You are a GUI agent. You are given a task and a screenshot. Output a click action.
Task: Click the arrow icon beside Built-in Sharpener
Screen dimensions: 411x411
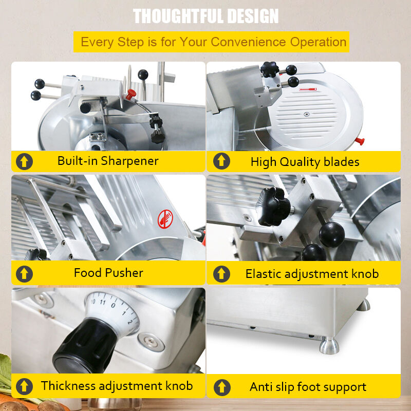pyautogui.click(x=24, y=161)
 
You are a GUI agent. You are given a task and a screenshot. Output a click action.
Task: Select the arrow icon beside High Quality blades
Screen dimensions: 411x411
pyautogui.click(x=221, y=161)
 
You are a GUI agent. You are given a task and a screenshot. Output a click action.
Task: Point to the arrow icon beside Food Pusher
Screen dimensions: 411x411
pyautogui.click(x=24, y=273)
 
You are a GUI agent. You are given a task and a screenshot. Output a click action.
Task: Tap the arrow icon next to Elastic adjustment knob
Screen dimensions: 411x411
pyautogui.click(x=221, y=273)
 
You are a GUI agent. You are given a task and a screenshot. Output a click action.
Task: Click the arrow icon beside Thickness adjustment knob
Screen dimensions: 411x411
pyautogui.click(x=24, y=386)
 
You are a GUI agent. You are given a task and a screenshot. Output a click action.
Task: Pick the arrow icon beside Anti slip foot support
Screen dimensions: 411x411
pyautogui.click(x=221, y=386)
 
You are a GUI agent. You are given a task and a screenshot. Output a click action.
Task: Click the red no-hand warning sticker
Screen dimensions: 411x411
pyautogui.click(x=164, y=219)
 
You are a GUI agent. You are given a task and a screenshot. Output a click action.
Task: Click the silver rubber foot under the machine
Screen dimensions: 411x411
pyautogui.click(x=329, y=345)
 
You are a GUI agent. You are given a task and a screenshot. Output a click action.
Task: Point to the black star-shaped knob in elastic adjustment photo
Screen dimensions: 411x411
pyautogui.click(x=272, y=205)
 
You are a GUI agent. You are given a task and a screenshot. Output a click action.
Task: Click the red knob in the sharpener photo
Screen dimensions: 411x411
pyautogui.click(x=131, y=94)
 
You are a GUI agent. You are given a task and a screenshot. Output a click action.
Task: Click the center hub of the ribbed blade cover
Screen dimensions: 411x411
pyautogui.click(x=306, y=114)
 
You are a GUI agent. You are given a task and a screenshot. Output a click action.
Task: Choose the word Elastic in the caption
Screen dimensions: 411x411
pyautogui.click(x=264, y=273)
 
